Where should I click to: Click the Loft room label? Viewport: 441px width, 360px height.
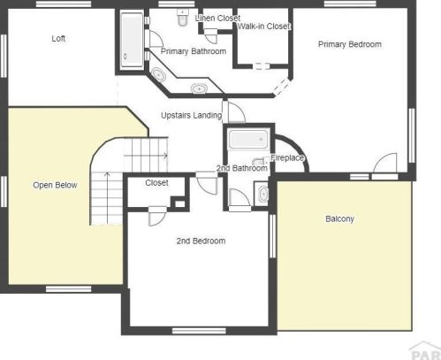point(58,39)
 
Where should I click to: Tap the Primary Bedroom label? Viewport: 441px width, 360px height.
point(350,44)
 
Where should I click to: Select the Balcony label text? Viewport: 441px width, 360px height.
point(339,218)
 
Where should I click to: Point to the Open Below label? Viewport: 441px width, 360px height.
point(55,185)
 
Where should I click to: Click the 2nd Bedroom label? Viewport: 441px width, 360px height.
point(201,241)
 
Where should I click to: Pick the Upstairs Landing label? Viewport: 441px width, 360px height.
point(192,115)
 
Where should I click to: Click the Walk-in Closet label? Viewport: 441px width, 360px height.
point(264,27)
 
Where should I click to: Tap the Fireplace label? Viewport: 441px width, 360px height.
point(287,157)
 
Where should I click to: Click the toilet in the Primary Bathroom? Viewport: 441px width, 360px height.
point(183,17)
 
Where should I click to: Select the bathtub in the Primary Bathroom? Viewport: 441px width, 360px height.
point(132,40)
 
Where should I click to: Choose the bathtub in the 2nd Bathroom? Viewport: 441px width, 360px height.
point(249,139)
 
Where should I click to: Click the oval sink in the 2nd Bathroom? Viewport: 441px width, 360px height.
point(263,194)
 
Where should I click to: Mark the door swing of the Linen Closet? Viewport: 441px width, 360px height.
point(210,36)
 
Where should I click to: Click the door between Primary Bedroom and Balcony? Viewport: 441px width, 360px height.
point(384,165)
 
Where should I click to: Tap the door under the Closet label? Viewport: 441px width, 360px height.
point(157,216)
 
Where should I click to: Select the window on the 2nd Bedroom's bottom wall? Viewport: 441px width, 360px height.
point(199,331)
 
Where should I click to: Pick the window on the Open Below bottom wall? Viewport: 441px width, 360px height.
point(68,288)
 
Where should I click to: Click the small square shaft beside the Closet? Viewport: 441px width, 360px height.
point(180,203)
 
